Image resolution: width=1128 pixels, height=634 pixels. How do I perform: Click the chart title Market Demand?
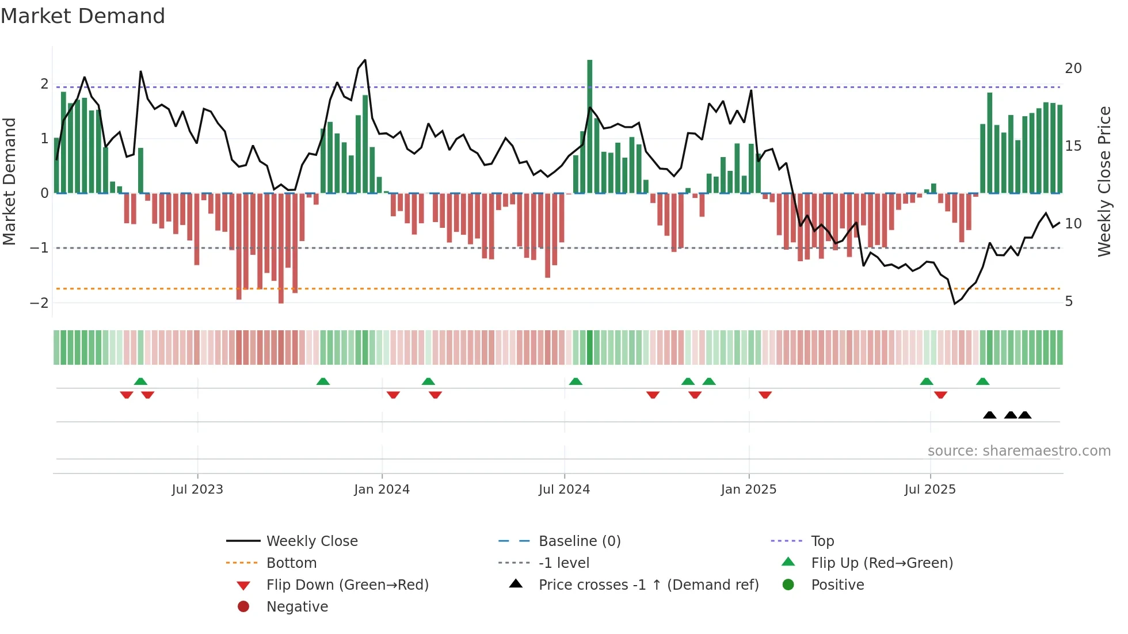(83, 16)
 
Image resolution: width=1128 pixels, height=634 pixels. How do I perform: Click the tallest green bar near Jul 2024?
(589, 127)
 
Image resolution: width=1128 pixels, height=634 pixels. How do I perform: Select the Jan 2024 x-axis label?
(382, 490)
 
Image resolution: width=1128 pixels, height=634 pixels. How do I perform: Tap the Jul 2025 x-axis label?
(929, 490)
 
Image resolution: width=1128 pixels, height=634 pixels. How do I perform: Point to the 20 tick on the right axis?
(1073, 68)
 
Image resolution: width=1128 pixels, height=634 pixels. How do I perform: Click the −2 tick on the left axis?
(39, 303)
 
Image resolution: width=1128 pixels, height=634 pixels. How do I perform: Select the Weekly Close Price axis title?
(1104, 181)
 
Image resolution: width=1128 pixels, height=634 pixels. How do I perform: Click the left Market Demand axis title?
(9, 181)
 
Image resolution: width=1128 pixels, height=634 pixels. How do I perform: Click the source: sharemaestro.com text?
(1019, 451)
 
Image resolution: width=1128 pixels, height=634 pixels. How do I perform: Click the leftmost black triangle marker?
(989, 415)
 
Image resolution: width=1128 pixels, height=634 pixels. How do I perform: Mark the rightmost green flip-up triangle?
(982, 381)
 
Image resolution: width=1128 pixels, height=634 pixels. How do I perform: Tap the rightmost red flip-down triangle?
(940, 395)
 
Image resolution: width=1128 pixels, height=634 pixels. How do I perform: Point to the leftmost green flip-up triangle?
(140, 381)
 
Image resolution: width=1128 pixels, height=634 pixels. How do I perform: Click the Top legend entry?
(822, 541)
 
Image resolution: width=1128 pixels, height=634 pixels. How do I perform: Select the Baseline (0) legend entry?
(579, 541)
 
